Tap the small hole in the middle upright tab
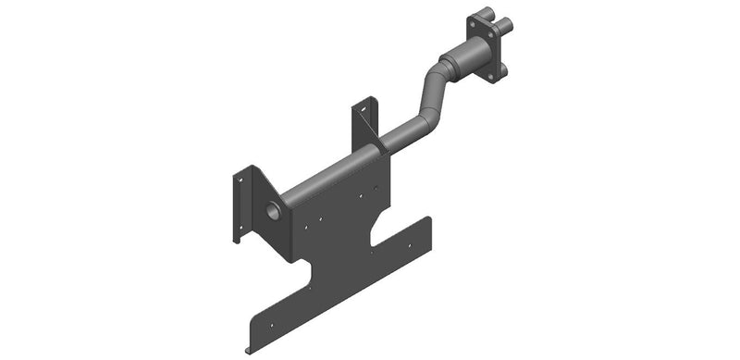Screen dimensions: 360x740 click(364, 111)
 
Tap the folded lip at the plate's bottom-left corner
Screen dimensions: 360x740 click(250, 348)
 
